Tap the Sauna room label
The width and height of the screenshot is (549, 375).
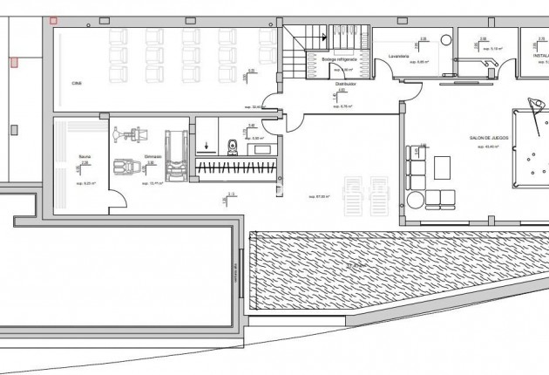pyautogui.click(x=84, y=158)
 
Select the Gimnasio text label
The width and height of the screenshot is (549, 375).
pyautogui.click(x=132, y=158)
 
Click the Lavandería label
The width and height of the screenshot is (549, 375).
pyautogui.click(x=399, y=56)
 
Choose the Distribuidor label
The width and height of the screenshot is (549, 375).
pyautogui.click(x=346, y=85)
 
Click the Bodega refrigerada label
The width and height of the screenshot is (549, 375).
pyautogui.click(x=337, y=59)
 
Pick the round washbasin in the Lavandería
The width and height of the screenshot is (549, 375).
pyautogui.click(x=445, y=40)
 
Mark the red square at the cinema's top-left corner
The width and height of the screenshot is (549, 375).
pyautogui.click(x=54, y=20)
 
